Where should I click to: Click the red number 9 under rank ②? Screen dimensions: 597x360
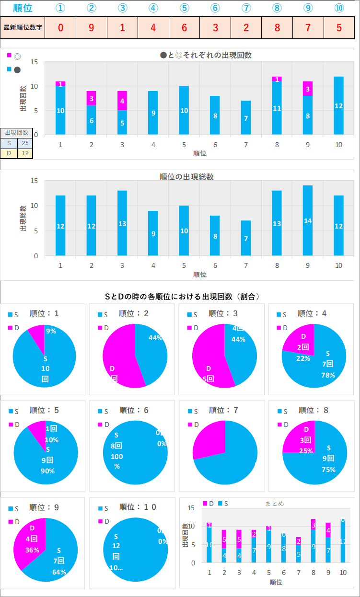pyautogui.click(x=92, y=27)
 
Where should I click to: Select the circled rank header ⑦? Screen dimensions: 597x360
pyautogui.click(x=246, y=8)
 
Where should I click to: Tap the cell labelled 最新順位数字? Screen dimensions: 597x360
pyautogui.click(x=23, y=27)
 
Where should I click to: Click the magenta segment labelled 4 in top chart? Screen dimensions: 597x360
pyautogui.click(x=122, y=101)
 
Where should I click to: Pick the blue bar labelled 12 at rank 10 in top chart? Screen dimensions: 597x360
pyautogui.click(x=338, y=105)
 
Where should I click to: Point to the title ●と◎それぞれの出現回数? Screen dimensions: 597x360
pyautogui.click(x=206, y=55)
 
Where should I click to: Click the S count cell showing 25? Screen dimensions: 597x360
pyautogui.click(x=25, y=143)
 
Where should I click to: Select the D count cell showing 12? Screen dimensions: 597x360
pyautogui.click(x=25, y=153)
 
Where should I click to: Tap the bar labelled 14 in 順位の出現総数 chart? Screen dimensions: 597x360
pyautogui.click(x=308, y=220)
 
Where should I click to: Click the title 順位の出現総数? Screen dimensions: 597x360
pyautogui.click(x=186, y=177)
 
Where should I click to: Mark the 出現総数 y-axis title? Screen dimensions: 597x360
pyautogui.click(x=23, y=218)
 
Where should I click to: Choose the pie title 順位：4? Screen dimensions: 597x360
pyautogui.click(x=312, y=313)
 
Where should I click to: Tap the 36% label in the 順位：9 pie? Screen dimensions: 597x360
pyautogui.click(x=32, y=550)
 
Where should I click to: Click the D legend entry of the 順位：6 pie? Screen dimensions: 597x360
pyautogui.click(x=104, y=425)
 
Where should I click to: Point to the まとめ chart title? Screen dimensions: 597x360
pyautogui.click(x=274, y=504)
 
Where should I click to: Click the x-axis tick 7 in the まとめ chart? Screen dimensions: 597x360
pyautogui.click(x=298, y=573)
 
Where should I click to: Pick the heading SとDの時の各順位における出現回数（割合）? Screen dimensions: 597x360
pyautogui.click(x=182, y=297)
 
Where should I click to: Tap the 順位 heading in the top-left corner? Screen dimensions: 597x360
pyautogui.click(x=23, y=8)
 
